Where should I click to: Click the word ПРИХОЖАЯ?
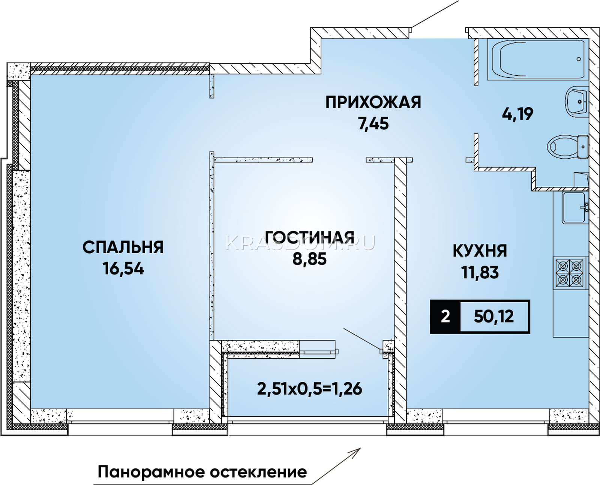coord(373,102)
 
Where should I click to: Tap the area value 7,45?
coord(373,123)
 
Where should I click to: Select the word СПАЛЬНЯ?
coord(123,248)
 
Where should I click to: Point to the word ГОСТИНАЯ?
coord(310,237)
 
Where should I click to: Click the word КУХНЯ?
coord(480,251)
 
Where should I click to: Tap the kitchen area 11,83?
coord(480,272)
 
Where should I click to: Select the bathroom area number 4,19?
coord(518,114)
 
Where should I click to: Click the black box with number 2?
coord(445,317)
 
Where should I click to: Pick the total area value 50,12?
coord(493,317)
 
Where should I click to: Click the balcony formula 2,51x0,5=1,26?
coord(310,389)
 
